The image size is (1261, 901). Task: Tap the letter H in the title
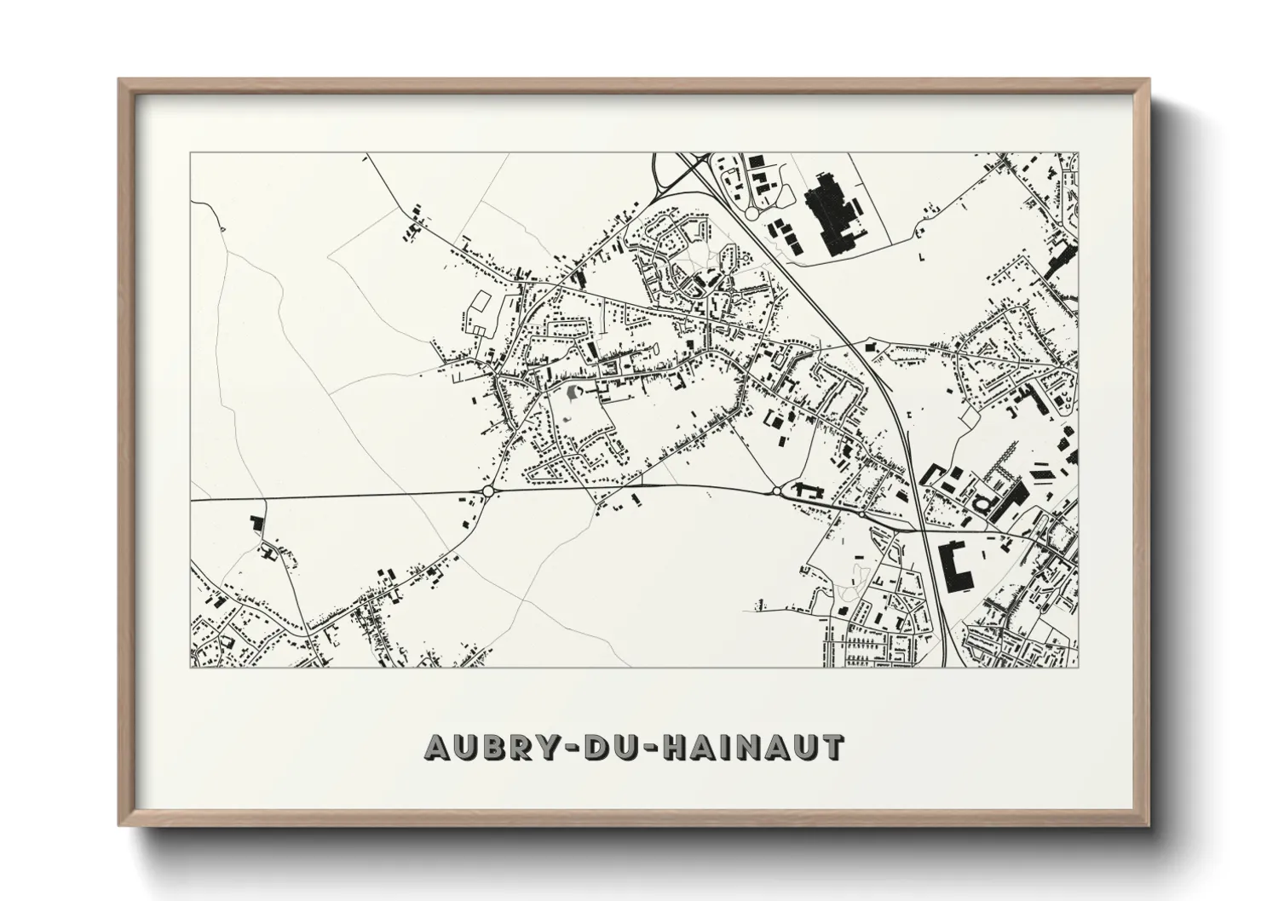tap(652, 747)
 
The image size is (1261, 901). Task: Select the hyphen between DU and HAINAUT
tap(629, 749)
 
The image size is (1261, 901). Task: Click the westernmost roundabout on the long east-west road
tap(488, 491)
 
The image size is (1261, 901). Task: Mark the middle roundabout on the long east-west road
tap(777, 491)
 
